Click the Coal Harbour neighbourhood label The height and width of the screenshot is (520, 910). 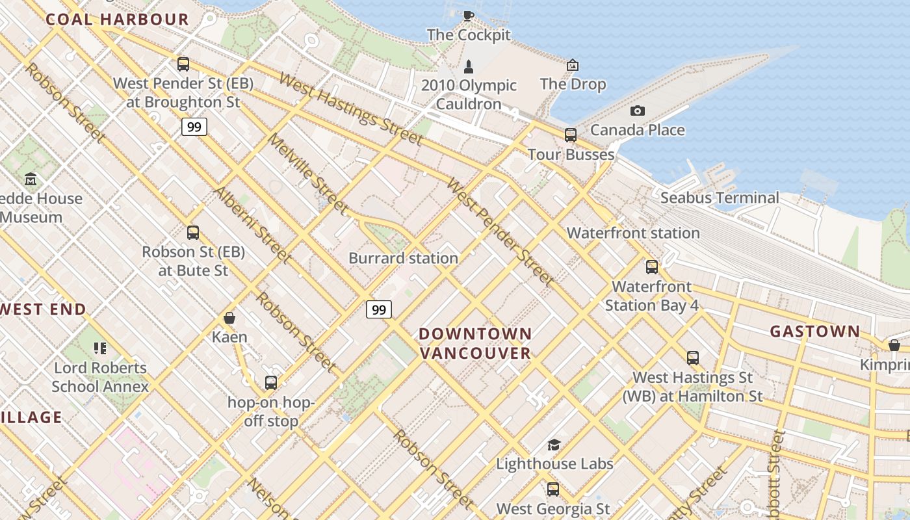[x=117, y=19]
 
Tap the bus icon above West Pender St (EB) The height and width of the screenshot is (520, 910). [x=183, y=64]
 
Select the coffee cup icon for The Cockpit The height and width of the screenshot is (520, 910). [x=468, y=16]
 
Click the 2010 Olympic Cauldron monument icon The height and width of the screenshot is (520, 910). [x=468, y=66]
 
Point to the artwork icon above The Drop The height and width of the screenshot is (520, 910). [x=573, y=65]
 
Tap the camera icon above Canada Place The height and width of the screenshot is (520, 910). [x=638, y=110]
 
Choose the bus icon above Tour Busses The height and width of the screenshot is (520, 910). [x=571, y=135]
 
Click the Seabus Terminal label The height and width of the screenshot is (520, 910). [x=720, y=198]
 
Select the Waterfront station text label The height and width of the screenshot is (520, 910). [x=633, y=233]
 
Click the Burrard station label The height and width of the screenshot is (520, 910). [x=403, y=258]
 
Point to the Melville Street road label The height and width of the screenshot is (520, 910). [x=307, y=174]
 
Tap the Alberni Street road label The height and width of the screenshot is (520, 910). [x=252, y=225]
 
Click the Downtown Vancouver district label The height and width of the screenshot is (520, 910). [x=475, y=343]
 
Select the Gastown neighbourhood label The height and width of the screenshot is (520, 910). [x=814, y=331]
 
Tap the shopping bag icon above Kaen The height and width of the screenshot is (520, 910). [x=229, y=318]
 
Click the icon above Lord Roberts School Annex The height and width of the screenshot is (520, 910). [x=99, y=348]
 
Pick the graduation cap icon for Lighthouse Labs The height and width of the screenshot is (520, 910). [x=554, y=445]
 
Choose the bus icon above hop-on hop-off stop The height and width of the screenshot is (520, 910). [x=271, y=383]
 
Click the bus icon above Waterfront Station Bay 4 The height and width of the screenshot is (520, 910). [x=652, y=267]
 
